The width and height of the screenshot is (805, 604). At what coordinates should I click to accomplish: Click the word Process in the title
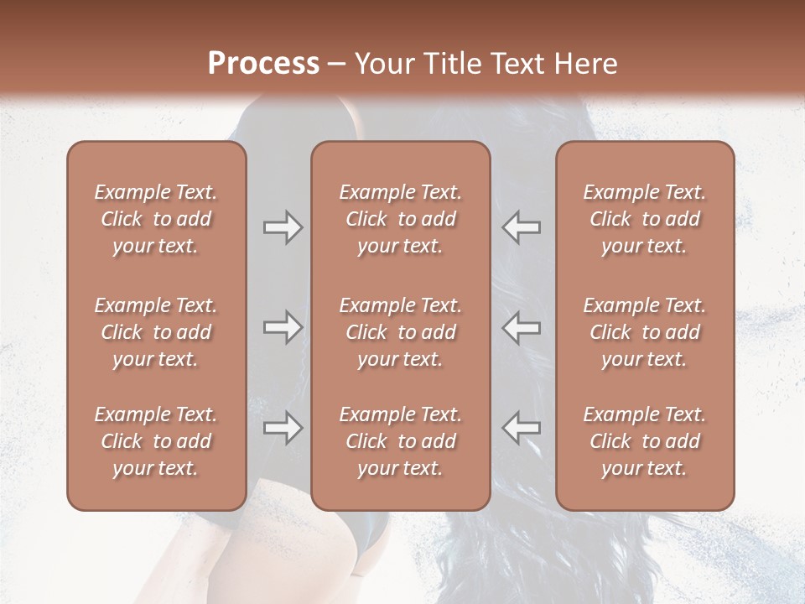263,64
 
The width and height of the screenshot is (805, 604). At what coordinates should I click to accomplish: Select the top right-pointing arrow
283,227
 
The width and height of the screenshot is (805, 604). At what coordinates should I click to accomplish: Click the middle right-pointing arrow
283,327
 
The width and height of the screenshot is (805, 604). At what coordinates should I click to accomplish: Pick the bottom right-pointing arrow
283,428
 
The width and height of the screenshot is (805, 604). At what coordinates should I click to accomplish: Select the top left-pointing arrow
521,227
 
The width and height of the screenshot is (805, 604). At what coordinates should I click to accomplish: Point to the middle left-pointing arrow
521,327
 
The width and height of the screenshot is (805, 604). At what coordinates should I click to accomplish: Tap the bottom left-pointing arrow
521,428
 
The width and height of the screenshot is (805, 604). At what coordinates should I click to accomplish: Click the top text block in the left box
156,219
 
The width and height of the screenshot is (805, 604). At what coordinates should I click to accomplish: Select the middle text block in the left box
156,332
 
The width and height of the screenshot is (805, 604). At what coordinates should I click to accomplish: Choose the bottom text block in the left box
156,441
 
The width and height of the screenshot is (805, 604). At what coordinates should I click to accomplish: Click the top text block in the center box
401,219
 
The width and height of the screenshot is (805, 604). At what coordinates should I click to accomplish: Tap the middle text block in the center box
401,332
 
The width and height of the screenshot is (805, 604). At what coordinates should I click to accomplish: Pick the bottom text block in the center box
401,441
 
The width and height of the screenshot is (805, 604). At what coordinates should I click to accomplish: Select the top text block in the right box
645,219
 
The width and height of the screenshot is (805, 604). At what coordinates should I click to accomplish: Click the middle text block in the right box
645,332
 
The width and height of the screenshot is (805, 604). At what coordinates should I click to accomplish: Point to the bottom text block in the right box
645,441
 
